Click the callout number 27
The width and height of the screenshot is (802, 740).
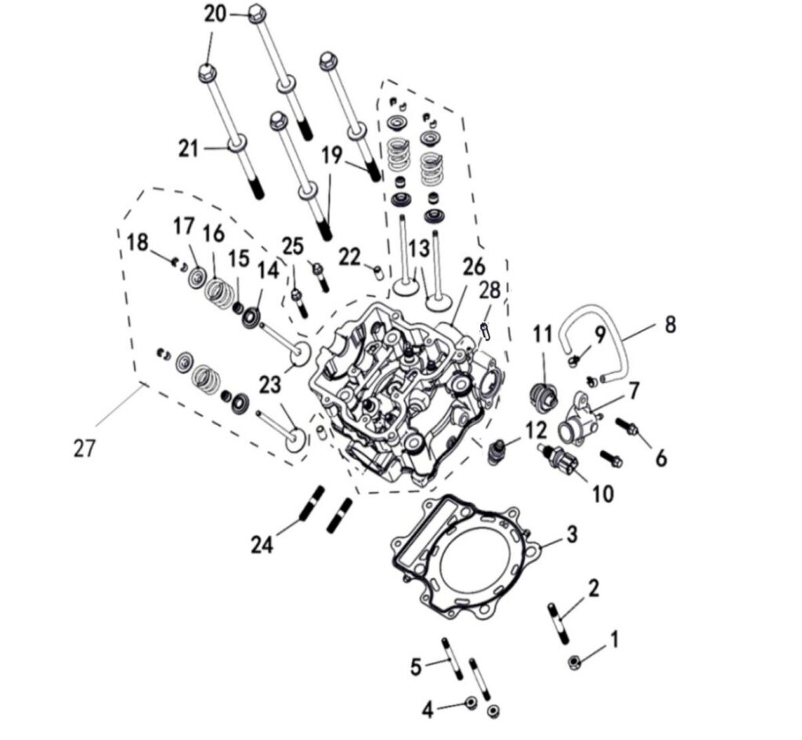pos(84,449)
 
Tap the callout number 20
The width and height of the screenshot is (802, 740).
pos(215,13)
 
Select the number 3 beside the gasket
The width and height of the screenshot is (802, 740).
pos(572,535)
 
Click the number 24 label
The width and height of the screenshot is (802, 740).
pos(262,543)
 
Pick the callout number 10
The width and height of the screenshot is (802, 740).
pos(602,493)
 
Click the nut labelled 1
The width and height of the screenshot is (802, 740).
pos(574,664)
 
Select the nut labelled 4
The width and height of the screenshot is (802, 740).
pos(471,702)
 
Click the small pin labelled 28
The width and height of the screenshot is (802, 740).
pos(486,332)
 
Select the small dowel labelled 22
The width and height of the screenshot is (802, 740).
pos(379,273)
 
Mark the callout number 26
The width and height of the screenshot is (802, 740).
pos(473,267)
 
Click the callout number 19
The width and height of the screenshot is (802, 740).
pos(332,155)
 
